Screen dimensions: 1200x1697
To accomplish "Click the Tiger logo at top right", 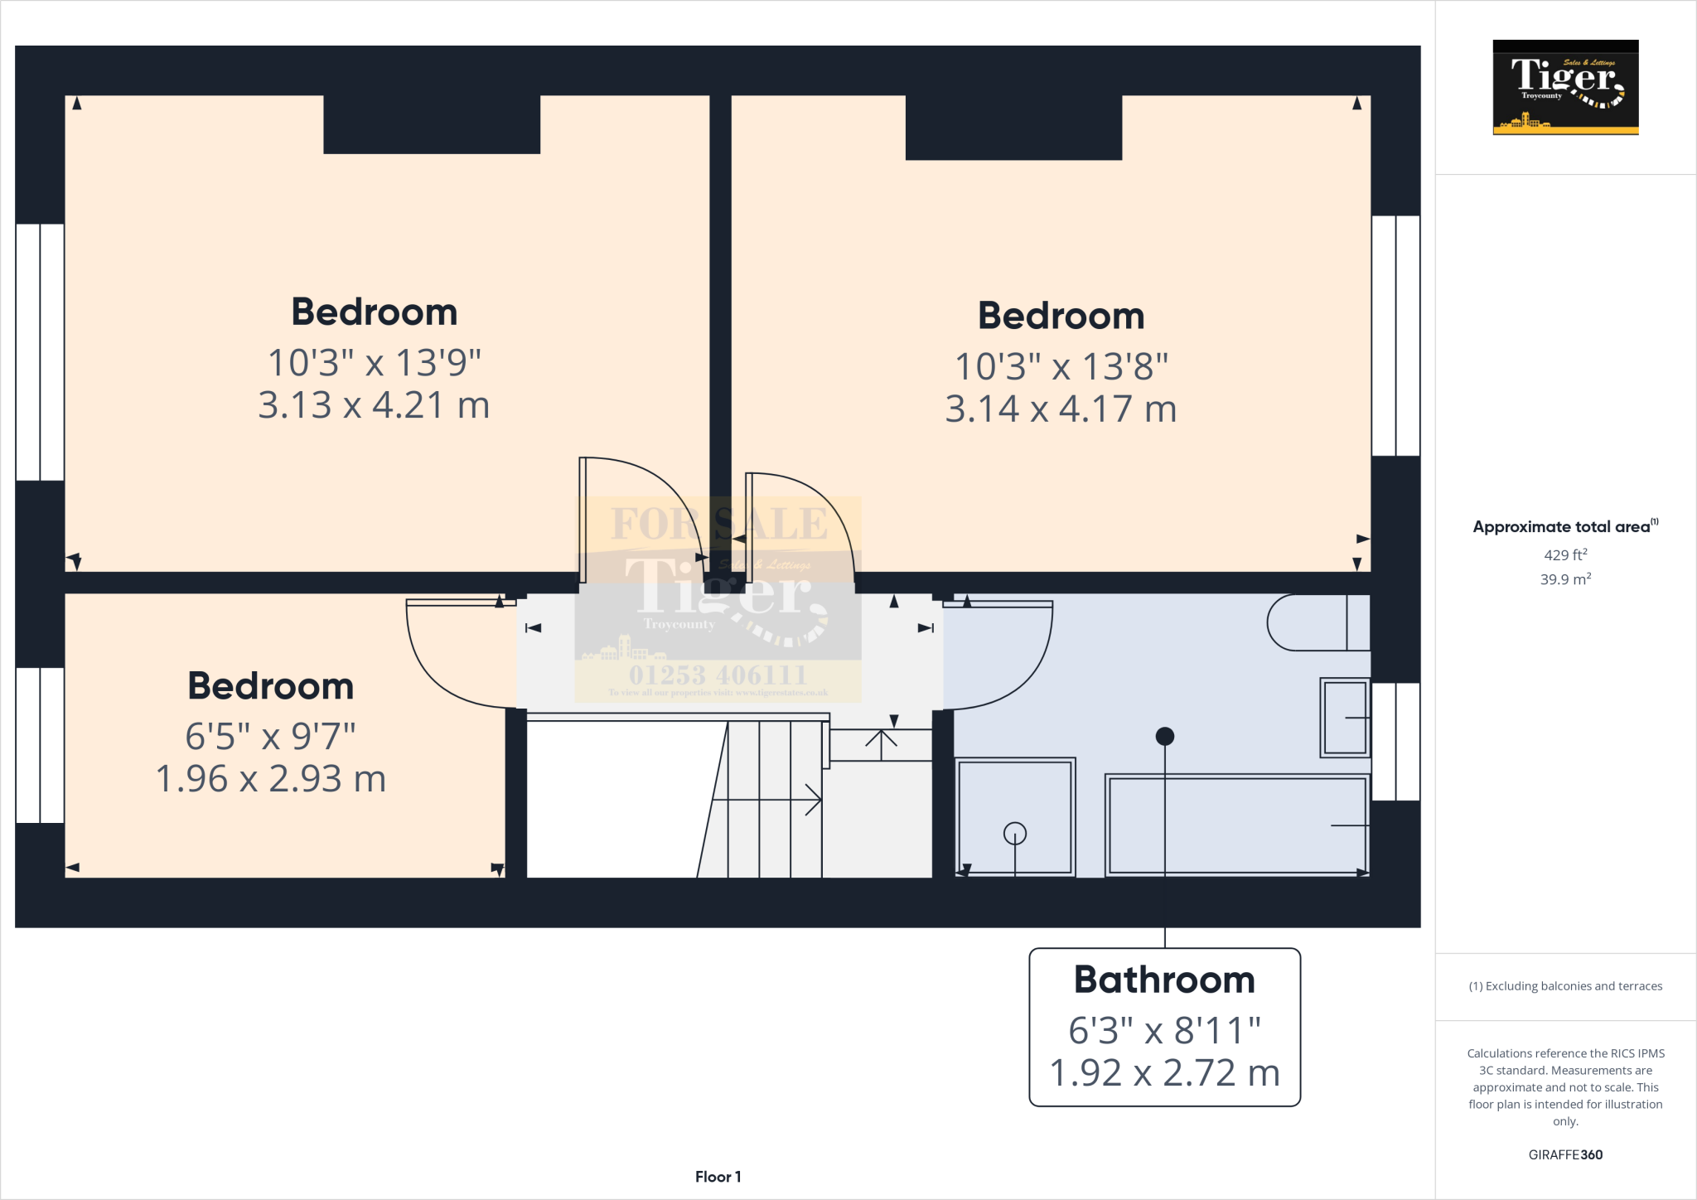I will point(1565,87).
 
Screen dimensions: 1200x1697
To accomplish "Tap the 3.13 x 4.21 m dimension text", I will point(374,405).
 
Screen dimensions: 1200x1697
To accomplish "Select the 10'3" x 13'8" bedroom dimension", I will point(1061,366).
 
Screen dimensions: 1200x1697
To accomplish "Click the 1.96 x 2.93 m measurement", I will point(271,779).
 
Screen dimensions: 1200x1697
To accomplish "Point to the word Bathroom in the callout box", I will point(1164,980).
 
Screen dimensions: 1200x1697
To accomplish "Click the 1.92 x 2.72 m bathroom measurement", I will point(1164,1073).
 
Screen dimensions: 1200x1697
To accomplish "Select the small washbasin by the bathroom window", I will point(1344,718).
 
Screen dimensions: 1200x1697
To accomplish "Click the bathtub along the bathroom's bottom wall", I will point(1236,825).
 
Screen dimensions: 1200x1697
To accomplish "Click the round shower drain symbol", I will point(1015,833).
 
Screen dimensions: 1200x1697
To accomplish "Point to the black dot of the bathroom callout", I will point(1165,736).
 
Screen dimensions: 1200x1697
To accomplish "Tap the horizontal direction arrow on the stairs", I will point(766,800).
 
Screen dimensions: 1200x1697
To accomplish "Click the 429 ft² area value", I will point(1565,555).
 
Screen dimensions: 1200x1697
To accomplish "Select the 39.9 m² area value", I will point(1565,579).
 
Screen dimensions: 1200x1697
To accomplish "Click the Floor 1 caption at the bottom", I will point(718,1177).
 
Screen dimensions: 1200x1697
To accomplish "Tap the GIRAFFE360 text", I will point(1565,1154).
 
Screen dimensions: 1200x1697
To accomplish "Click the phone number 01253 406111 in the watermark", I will point(718,675).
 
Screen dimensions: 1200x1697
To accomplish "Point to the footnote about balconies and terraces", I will point(1565,986).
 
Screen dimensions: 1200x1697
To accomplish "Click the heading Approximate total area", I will point(1561,527).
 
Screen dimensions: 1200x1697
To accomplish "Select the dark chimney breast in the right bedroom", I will point(1013,127).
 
